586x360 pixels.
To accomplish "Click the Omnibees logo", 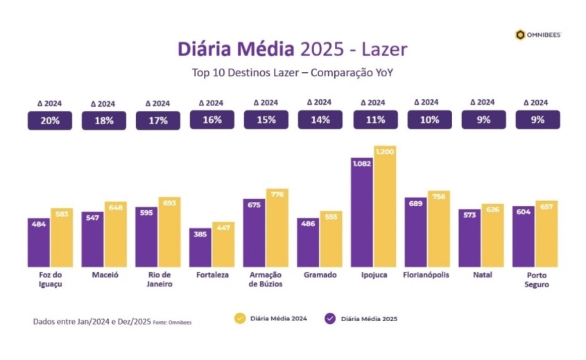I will (x=538, y=35).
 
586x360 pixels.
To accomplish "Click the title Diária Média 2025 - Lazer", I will (x=293, y=49).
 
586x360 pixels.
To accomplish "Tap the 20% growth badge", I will (x=49, y=120).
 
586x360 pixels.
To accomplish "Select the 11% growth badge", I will (x=375, y=119).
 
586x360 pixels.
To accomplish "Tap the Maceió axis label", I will (x=104, y=275).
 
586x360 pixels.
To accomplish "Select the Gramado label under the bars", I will (x=320, y=275).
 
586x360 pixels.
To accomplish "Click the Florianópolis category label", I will (x=426, y=275).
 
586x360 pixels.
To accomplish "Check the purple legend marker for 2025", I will (x=330, y=318).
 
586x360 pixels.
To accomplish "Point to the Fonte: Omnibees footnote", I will (x=171, y=322).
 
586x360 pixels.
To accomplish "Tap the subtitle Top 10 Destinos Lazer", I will (x=293, y=72).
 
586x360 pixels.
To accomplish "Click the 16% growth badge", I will (x=212, y=119).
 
